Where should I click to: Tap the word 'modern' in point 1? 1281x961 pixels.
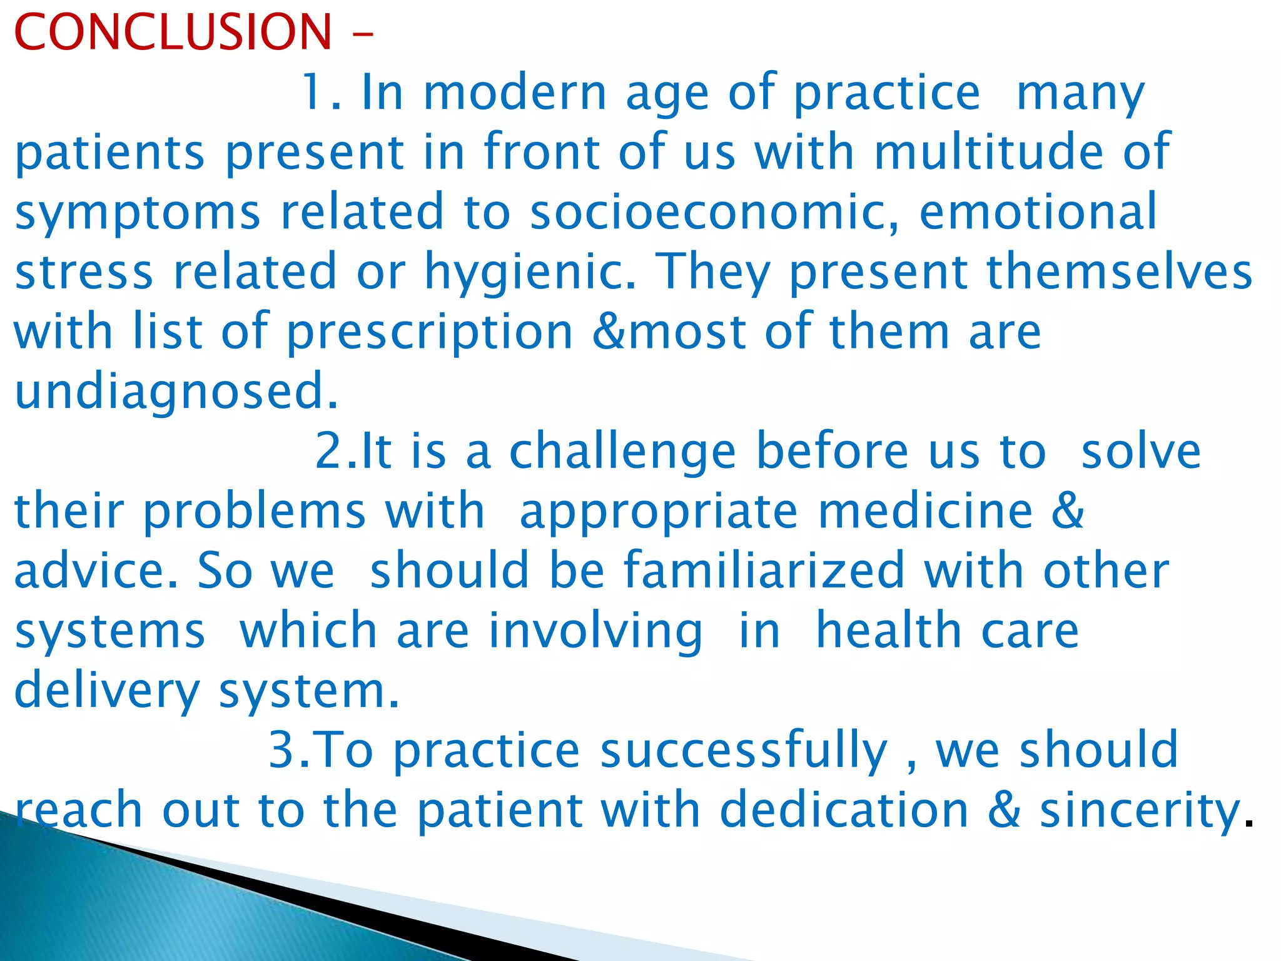[x=515, y=93]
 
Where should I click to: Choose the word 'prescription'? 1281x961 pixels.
[x=430, y=331]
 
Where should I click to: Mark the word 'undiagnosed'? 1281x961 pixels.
[x=176, y=390]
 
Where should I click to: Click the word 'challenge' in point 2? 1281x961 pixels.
[x=622, y=451]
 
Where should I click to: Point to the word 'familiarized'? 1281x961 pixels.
[x=764, y=570]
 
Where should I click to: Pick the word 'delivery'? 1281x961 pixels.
[x=106, y=690]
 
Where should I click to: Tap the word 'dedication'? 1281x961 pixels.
[x=844, y=810]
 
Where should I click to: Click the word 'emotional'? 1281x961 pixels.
[x=1038, y=211]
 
